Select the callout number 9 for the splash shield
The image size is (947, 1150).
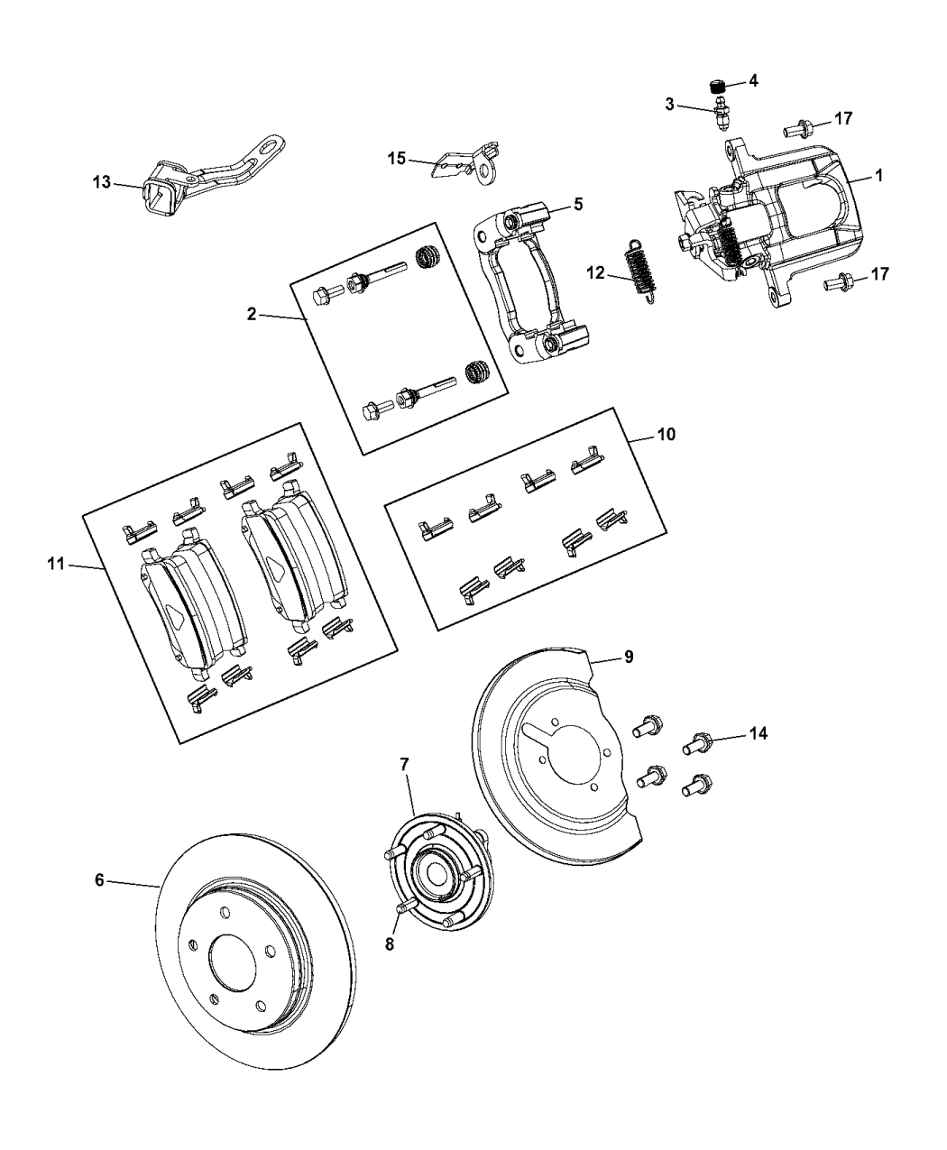tap(629, 657)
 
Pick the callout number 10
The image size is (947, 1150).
tap(666, 434)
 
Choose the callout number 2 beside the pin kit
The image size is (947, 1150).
tap(252, 314)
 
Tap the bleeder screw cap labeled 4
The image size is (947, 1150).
tap(719, 87)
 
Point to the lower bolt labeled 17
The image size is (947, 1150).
tap(838, 285)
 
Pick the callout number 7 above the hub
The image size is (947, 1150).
tap(405, 764)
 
